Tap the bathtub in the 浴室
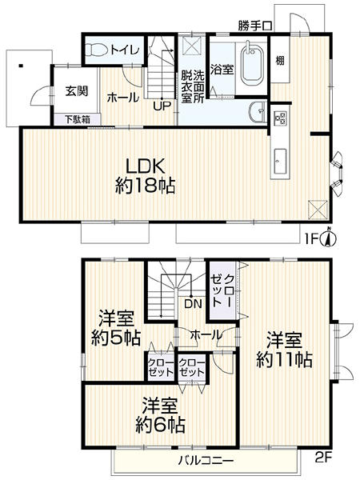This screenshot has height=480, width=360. click(253, 65)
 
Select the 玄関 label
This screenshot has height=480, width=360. click(76, 91)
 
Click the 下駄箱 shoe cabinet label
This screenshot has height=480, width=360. click(77, 119)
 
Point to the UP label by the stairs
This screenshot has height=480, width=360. click(162, 106)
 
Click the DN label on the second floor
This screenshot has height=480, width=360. click(193, 304)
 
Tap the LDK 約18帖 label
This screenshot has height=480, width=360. click(146, 176)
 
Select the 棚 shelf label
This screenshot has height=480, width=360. click(280, 60)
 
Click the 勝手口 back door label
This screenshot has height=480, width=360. click(254, 26)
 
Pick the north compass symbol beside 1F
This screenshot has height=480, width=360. click(329, 238)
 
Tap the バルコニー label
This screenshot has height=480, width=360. click(206, 460)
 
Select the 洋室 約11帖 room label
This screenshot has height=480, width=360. click(284, 350)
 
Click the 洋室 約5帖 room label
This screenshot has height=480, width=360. click(116, 328)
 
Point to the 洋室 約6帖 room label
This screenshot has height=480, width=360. click(160, 414)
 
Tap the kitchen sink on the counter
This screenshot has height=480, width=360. click(280, 162)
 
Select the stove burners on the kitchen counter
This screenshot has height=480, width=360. click(280, 118)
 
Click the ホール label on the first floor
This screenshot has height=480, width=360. click(123, 98)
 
